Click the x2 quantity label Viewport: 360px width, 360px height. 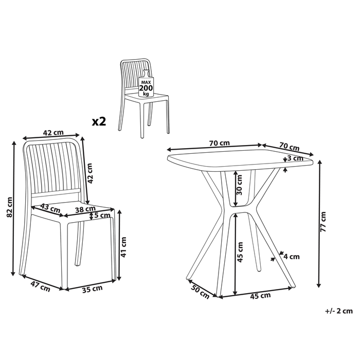[99, 121]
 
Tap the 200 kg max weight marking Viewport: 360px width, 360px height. [147, 88]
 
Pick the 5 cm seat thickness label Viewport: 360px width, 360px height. [101, 216]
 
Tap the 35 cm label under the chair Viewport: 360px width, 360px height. [93, 289]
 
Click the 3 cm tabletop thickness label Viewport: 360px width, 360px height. [296, 158]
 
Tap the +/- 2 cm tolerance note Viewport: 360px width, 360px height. [339, 311]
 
